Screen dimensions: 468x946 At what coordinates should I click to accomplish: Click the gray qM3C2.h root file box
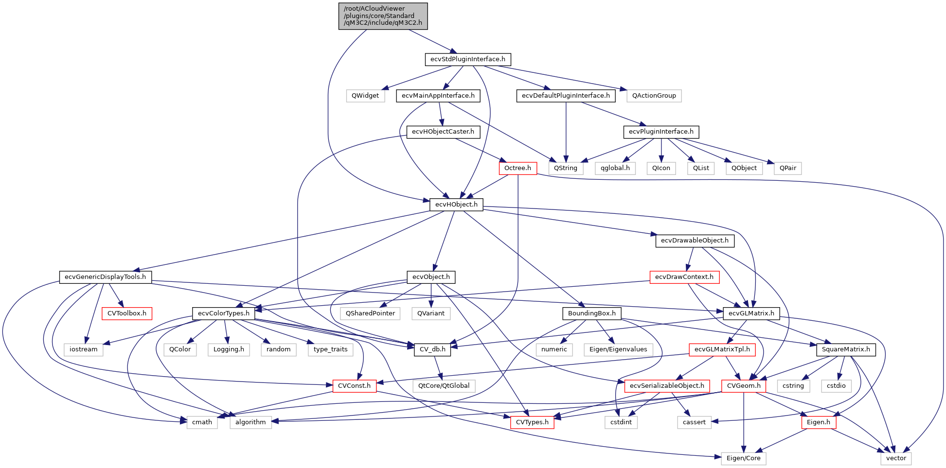(383, 16)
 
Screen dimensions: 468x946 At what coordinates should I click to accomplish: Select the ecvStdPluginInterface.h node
(467, 59)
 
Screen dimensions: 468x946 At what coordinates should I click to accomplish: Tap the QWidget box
(365, 96)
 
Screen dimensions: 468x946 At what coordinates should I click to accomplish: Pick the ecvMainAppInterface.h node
(438, 96)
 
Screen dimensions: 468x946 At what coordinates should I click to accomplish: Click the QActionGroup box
(654, 96)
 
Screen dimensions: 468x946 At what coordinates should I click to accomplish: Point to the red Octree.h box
(518, 168)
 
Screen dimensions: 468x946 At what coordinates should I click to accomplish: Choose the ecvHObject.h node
(456, 205)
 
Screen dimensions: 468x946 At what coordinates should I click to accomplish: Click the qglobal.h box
(615, 168)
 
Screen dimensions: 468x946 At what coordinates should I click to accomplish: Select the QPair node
(787, 168)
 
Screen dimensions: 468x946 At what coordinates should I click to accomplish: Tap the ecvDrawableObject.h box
(695, 241)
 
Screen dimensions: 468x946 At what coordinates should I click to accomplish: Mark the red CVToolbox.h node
(126, 313)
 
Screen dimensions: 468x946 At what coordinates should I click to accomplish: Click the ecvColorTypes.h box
(224, 313)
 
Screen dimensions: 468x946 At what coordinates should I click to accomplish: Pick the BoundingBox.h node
(591, 313)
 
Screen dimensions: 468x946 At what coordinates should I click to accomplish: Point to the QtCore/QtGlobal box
(444, 386)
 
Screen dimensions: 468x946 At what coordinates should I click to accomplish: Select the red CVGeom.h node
(744, 386)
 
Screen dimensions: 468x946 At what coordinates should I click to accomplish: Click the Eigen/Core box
(743, 458)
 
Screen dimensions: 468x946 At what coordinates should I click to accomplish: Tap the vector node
(896, 458)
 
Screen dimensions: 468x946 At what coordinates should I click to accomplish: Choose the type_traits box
(330, 349)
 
